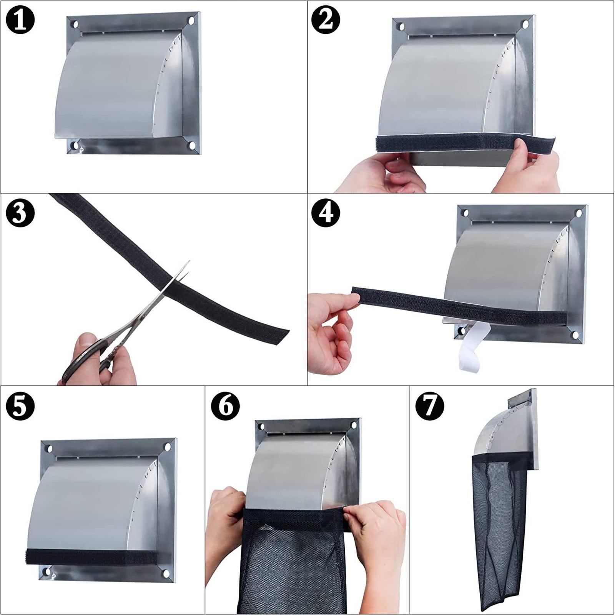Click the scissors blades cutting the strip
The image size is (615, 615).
(175, 281)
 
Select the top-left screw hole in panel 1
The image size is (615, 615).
(75, 25)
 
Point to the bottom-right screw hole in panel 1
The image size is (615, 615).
(192, 146)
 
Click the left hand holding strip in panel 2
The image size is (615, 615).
(381, 173)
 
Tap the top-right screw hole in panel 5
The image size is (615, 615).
(168, 447)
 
